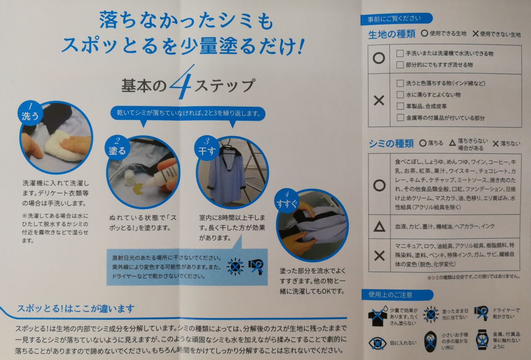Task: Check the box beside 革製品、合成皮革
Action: tap(400, 106)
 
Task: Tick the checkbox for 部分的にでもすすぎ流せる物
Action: tap(400, 65)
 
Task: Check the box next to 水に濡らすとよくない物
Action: tap(400, 95)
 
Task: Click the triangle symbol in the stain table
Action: tap(379, 226)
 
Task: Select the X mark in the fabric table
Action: tap(379, 100)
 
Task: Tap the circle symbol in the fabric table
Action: tap(379, 58)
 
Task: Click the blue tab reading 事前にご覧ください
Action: tap(396, 19)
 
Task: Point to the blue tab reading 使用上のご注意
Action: tap(397, 295)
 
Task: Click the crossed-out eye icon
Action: tap(378, 343)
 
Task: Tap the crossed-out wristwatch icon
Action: tap(482, 340)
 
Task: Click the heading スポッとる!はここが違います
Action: tap(76, 309)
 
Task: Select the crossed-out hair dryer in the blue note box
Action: tap(256, 266)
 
